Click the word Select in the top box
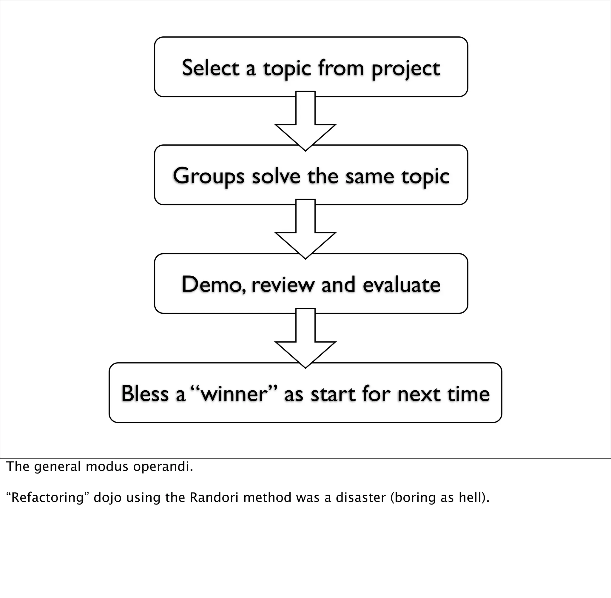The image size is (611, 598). tap(211, 68)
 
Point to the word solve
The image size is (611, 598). tap(276, 176)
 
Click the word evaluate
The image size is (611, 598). tap(402, 285)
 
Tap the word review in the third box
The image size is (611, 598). tap(283, 285)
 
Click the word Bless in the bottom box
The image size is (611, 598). tap(145, 393)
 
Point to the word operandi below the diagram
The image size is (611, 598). tap(163, 467)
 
